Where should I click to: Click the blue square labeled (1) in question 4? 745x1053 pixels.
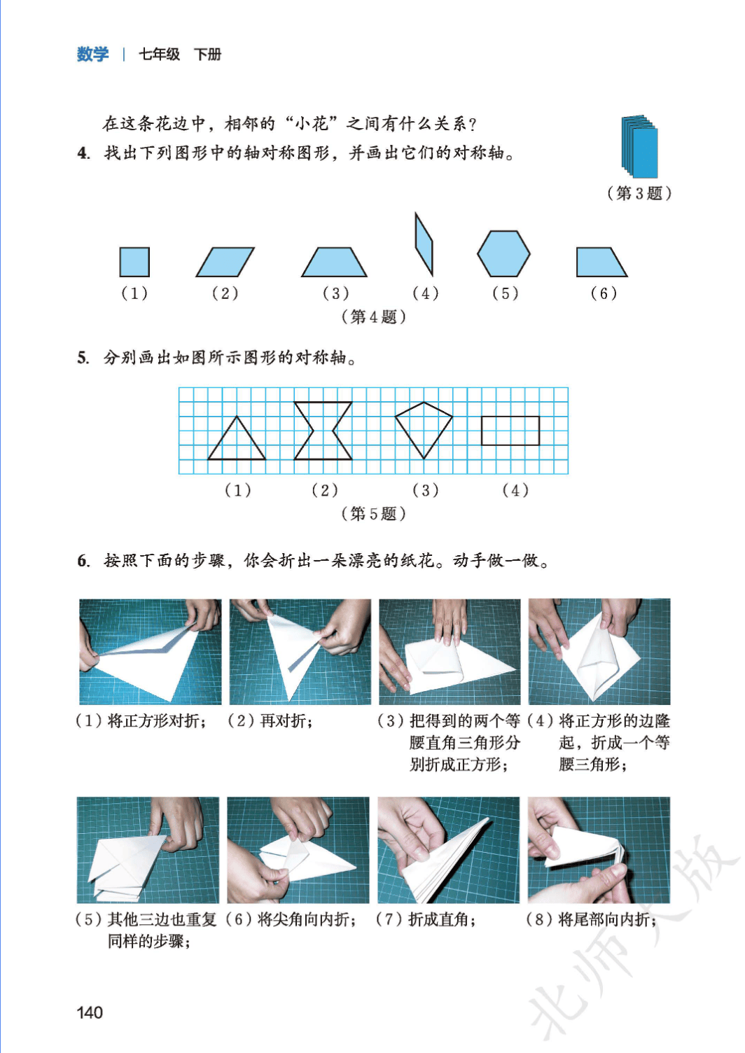pyautogui.click(x=134, y=262)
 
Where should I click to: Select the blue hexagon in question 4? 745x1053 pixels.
pyautogui.click(x=503, y=253)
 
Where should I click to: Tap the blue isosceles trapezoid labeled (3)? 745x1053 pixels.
pyautogui.click(x=334, y=262)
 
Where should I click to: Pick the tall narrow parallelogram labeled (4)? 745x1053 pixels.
pyautogui.click(x=424, y=244)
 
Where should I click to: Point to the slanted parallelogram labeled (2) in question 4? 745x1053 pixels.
pyautogui.click(x=225, y=262)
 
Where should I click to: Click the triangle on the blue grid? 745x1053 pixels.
pyautogui.click(x=237, y=438)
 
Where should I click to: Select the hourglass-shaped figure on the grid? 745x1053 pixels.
pyautogui.click(x=323, y=430)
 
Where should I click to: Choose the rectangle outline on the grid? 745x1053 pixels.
pyautogui.click(x=510, y=431)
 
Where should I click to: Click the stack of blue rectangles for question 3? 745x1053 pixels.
pyautogui.click(x=639, y=146)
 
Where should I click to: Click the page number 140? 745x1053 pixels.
pyautogui.click(x=90, y=1012)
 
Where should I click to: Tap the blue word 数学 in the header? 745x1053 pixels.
pyautogui.click(x=92, y=55)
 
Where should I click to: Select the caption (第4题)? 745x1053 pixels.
pyautogui.click(x=373, y=317)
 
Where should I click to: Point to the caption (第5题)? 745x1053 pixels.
pyautogui.click(x=373, y=514)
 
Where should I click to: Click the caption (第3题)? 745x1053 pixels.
pyautogui.click(x=639, y=193)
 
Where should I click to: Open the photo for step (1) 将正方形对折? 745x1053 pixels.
pyautogui.click(x=150, y=652)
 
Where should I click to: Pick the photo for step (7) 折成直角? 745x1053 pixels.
pyautogui.click(x=448, y=850)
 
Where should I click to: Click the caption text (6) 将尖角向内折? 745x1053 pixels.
pyautogui.click(x=291, y=919)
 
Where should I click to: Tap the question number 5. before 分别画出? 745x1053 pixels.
pyautogui.click(x=83, y=358)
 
